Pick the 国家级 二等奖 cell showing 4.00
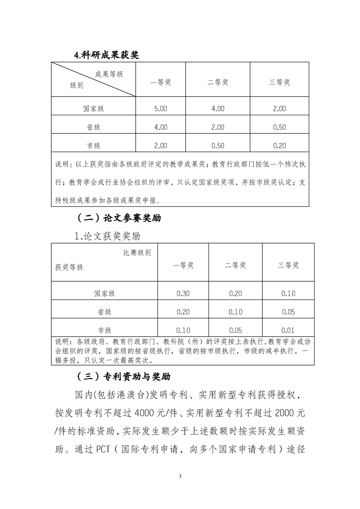(218, 108)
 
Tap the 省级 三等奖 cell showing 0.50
(280, 127)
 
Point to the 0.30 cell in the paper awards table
(183, 294)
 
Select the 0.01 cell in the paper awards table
(288, 330)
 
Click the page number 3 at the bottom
(180, 476)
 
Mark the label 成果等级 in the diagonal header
(109, 74)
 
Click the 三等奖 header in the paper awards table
(288, 265)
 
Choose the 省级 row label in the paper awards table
(104, 312)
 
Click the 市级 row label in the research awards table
(93, 146)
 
